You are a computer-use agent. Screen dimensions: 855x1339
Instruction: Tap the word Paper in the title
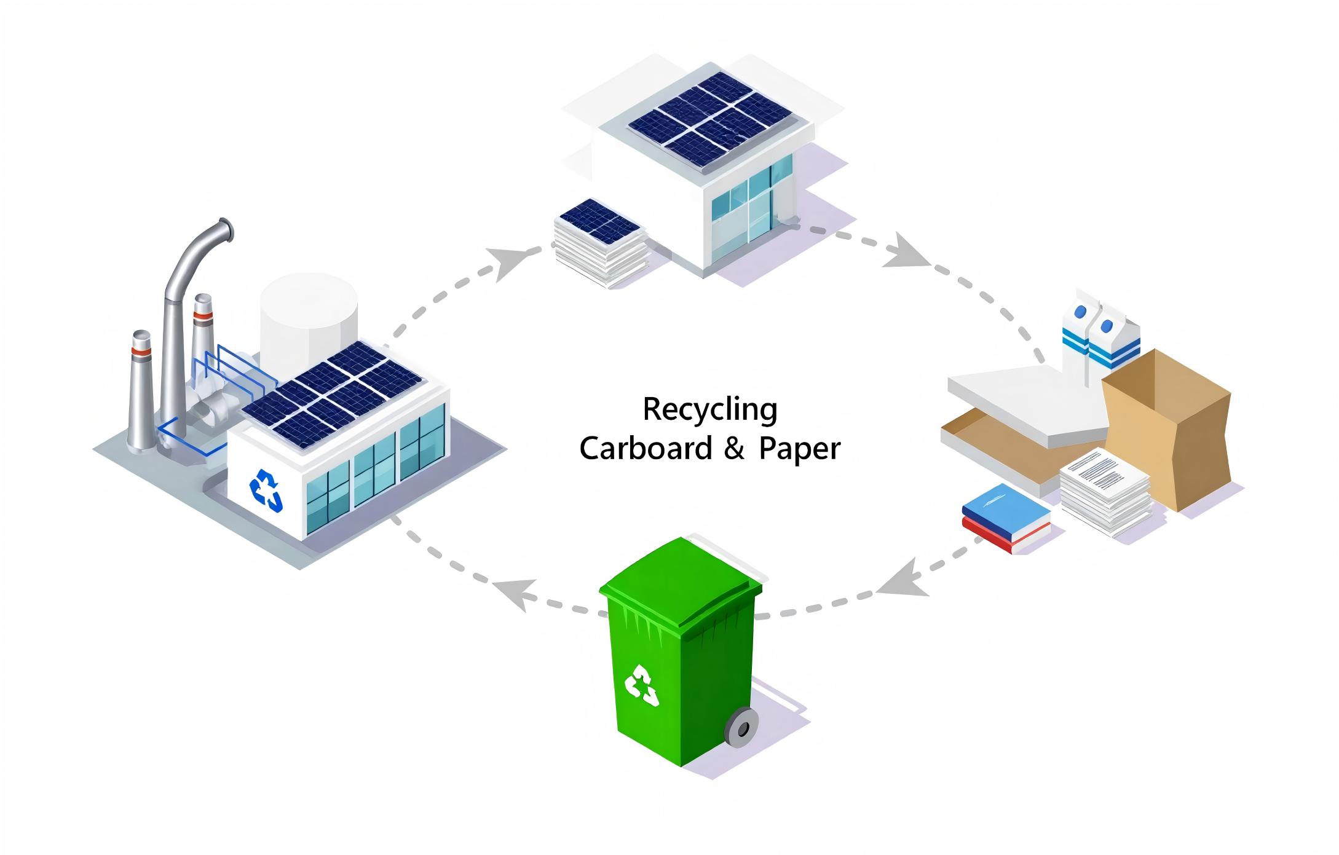pos(799,449)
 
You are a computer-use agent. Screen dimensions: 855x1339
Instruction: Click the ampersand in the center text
pos(734,449)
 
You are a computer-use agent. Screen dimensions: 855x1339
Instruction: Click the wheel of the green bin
pos(742,727)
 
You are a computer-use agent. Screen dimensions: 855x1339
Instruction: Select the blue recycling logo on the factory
pos(266,490)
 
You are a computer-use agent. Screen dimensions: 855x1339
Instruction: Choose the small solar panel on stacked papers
pos(599,220)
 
